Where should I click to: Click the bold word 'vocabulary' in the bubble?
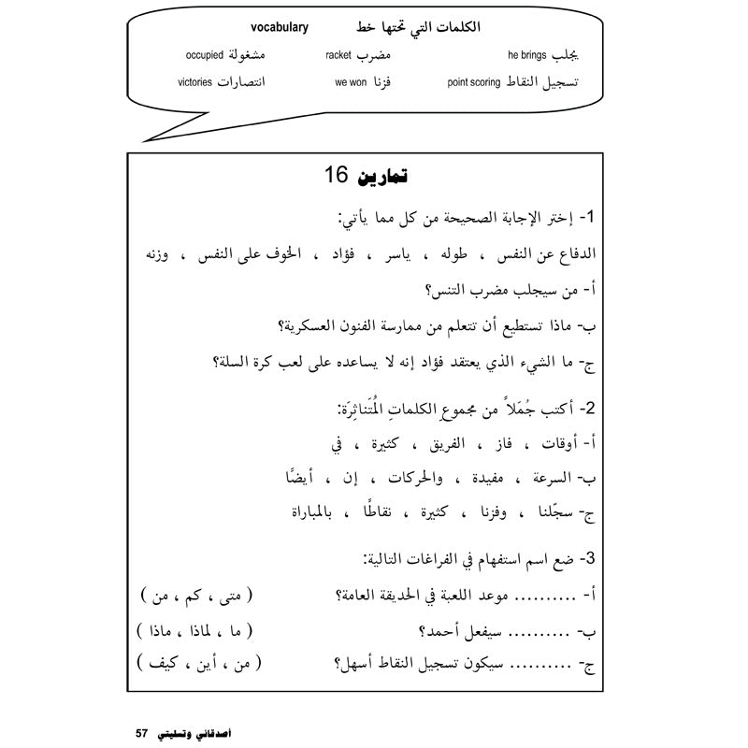pos(271,27)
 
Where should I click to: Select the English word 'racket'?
pos(338,55)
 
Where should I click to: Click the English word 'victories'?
pos(200,82)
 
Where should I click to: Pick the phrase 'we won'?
pos(351,82)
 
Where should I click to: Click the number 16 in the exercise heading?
pos(336,176)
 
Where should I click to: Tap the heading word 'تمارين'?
pos(384,176)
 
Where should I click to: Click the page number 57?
pos(143,730)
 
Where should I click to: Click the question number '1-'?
pos(589,217)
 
